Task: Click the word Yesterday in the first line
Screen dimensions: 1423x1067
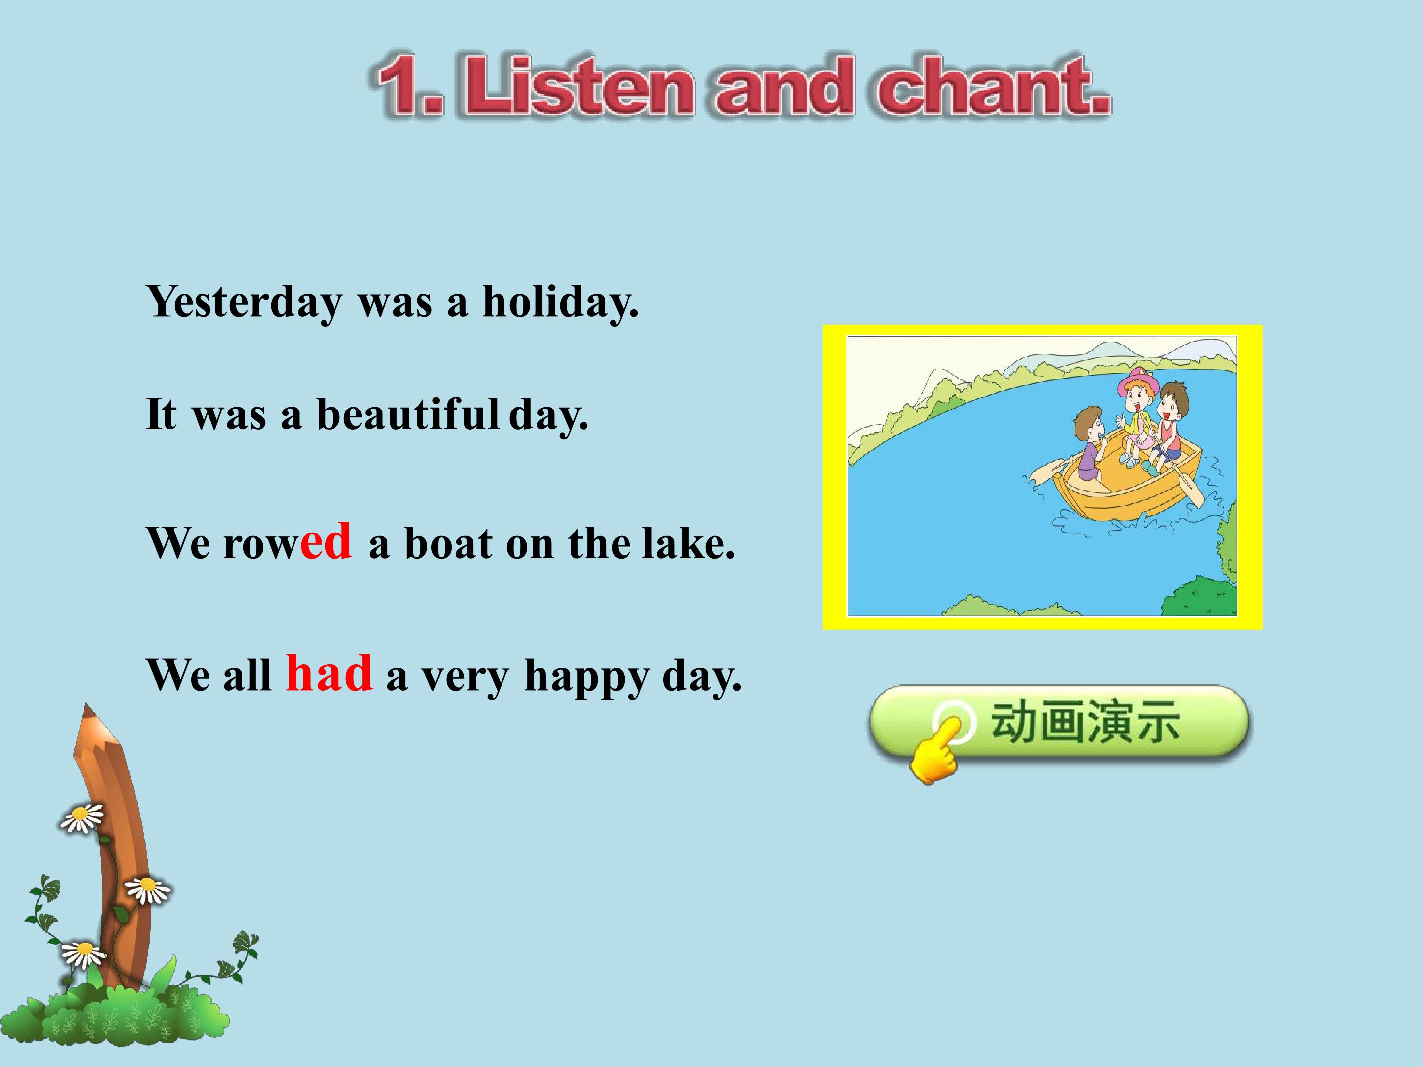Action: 245,302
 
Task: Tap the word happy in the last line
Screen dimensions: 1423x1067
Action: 586,677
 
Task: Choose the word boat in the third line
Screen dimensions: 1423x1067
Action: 448,543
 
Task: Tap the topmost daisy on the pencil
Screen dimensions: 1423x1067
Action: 82,818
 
